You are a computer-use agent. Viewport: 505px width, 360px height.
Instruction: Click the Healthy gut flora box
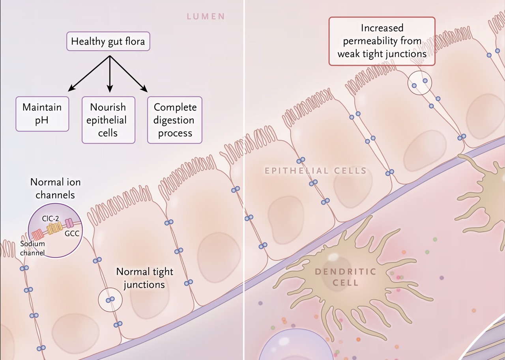pos(108,41)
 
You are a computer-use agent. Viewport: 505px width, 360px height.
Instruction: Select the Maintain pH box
pos(42,114)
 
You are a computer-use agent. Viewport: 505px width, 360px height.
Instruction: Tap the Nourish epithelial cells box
pos(108,120)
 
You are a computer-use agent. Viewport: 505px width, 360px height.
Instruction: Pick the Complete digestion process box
pos(175,120)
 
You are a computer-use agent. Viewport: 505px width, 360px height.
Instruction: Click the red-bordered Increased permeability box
pos(382,41)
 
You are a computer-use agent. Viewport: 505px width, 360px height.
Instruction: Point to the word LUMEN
pos(206,17)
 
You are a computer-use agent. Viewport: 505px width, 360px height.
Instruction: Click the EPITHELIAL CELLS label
pos(316,171)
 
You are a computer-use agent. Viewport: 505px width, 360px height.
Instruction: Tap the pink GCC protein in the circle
pos(69,224)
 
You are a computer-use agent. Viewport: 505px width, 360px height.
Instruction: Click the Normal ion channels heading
pos(52,188)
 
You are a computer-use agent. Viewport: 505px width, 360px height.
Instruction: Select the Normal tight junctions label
pos(144,278)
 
